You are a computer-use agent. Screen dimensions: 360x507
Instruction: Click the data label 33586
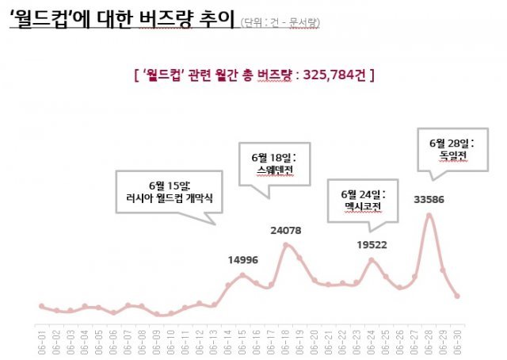(429, 199)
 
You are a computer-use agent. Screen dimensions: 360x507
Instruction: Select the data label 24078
(285, 230)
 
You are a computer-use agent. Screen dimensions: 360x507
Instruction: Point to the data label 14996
(242, 259)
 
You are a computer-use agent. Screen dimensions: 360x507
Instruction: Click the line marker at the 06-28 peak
(429, 215)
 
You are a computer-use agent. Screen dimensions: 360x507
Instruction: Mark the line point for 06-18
(285, 244)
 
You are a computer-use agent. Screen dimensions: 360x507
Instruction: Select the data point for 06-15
(242, 275)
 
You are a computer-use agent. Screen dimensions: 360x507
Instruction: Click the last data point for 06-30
(457, 296)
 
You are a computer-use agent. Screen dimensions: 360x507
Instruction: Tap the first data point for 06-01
(41, 305)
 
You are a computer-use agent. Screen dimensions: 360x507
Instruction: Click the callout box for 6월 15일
(167, 191)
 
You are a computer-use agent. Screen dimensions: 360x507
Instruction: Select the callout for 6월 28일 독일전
(451, 149)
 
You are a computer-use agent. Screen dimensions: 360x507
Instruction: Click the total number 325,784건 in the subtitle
(334, 76)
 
